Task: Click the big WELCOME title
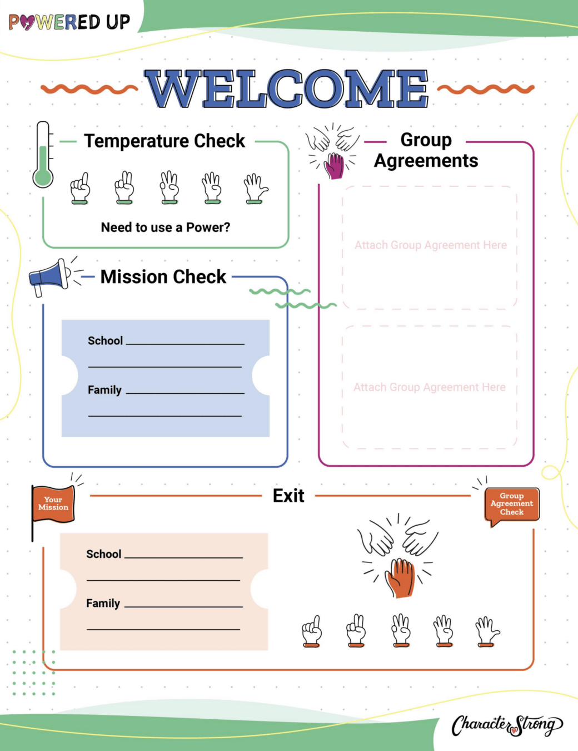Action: tap(287, 88)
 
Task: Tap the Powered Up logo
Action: tap(69, 22)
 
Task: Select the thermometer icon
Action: tap(43, 155)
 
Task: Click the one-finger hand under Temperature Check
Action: tap(81, 188)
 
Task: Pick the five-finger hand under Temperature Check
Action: tap(255, 189)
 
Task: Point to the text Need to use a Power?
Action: tap(165, 228)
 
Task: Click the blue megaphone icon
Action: tap(50, 276)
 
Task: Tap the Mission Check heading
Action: tap(163, 276)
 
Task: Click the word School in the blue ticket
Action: tap(105, 340)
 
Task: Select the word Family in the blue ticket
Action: tap(104, 390)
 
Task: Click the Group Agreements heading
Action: tap(426, 150)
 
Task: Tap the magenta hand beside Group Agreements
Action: tap(335, 166)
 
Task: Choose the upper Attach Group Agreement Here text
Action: tap(431, 245)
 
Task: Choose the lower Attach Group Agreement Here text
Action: tap(430, 387)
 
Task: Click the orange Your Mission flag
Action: tap(53, 503)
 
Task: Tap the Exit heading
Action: tap(288, 496)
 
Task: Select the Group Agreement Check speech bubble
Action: tap(512, 504)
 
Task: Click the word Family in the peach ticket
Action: tap(103, 603)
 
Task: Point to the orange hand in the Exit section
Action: tap(401, 577)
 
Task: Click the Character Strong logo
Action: tap(507, 725)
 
